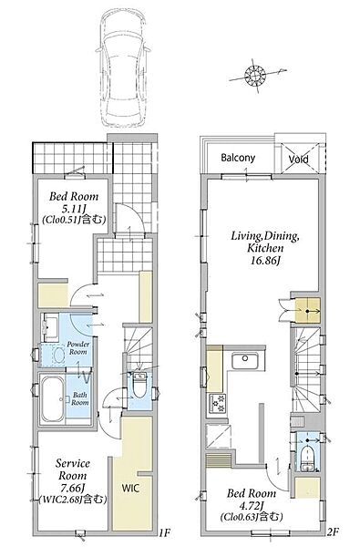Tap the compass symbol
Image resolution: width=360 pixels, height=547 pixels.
click(x=256, y=76)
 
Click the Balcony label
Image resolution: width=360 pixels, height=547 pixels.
click(x=238, y=158)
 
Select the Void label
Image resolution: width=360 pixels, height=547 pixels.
click(x=299, y=159)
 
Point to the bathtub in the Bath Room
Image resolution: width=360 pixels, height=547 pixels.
click(x=52, y=399)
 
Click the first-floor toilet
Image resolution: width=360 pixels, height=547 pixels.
click(x=139, y=385)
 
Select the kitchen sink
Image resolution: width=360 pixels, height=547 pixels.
click(x=245, y=360)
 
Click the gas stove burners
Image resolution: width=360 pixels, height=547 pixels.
click(x=217, y=404)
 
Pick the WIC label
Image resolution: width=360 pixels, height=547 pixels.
click(x=130, y=488)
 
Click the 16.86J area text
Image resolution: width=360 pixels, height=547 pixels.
click(x=265, y=260)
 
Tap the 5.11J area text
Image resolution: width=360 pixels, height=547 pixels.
click(x=74, y=208)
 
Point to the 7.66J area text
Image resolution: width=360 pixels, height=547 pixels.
click(x=73, y=488)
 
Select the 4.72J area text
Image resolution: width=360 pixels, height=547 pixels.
click(x=252, y=505)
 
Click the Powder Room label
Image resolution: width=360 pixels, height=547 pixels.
click(x=77, y=348)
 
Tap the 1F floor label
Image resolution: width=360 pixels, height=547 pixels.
click(x=164, y=532)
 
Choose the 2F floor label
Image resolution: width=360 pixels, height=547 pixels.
click(x=334, y=532)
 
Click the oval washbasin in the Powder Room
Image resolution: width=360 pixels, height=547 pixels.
click(x=59, y=356)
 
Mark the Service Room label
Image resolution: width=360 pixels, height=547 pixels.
click(x=73, y=470)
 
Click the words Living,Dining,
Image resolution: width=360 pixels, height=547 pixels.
click(x=265, y=236)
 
